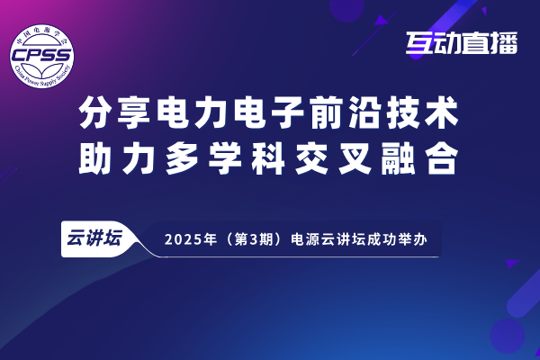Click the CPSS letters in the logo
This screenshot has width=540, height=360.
pos(41,55)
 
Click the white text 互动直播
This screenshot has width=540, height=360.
pos(462,43)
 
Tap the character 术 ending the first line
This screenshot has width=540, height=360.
pos(442,112)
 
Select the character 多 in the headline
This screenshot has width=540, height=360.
pos(182,158)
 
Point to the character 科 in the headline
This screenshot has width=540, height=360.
pos(268,158)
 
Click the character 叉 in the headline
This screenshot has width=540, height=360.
pos(355,158)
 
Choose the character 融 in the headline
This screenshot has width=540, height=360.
pos(399,158)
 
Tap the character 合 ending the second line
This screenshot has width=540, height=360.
pos(442,158)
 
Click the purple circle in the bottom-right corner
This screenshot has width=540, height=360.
pos(507,335)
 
